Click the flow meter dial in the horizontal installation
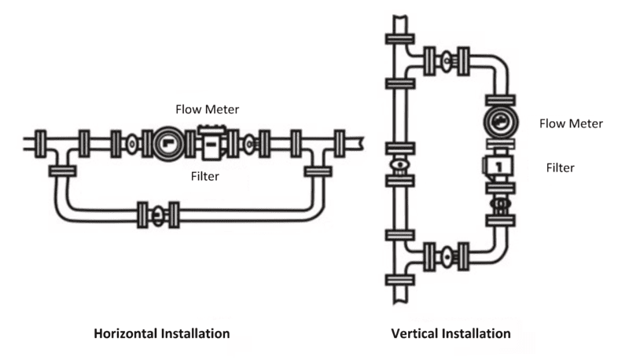(x=169, y=144)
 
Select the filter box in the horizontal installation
(x=211, y=144)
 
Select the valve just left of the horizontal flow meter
(x=131, y=144)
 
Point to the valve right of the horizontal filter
(x=250, y=144)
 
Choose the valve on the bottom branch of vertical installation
(x=445, y=255)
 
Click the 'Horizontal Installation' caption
(x=162, y=333)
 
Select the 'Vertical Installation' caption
(x=451, y=333)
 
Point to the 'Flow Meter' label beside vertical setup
(x=571, y=123)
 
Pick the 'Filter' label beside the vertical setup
(x=561, y=167)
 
